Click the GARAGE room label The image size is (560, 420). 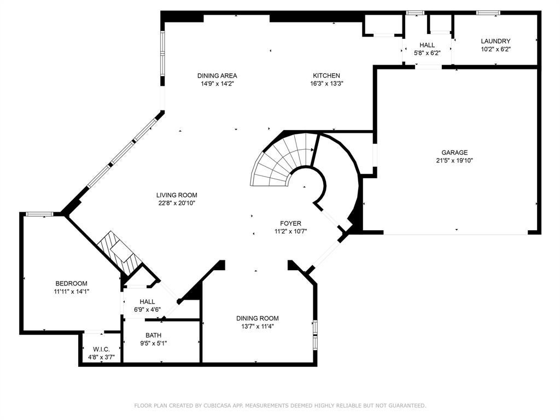click(454, 153)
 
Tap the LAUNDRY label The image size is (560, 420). click(495, 41)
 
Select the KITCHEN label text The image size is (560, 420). click(326, 75)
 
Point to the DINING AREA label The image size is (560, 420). click(217, 75)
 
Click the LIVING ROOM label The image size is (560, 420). click(177, 195)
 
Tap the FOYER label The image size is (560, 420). click(290, 224)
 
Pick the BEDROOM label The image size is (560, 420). click(72, 284)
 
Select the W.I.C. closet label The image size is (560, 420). click(101, 349)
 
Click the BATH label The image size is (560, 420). click(153, 335)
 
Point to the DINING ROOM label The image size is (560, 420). click(258, 318)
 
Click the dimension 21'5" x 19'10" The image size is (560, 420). click(454, 161)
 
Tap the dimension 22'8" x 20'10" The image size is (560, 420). click(177, 203)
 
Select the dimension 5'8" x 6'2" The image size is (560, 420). click(427, 53)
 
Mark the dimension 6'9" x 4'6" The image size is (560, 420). click(148, 310)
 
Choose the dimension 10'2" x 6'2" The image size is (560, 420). click(495, 49)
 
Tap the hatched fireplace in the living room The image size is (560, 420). click(118, 252)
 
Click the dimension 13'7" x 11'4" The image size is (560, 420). click(258, 326)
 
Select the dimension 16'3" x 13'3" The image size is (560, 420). click(326, 84)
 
